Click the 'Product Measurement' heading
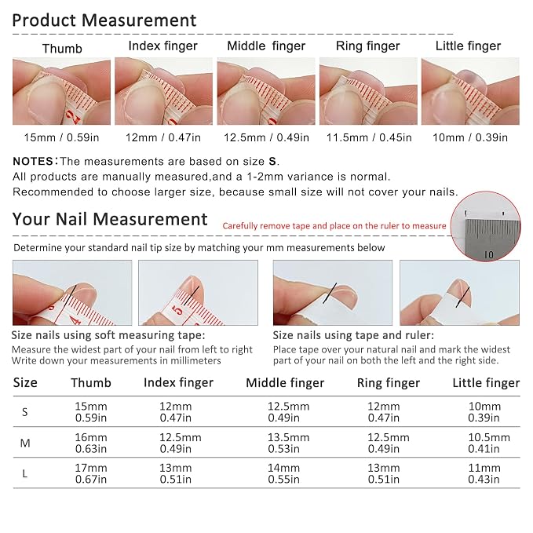(104, 20)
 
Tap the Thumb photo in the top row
(61, 91)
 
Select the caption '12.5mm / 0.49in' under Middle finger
(266, 137)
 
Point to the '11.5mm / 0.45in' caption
(369, 137)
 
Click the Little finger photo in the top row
(470, 91)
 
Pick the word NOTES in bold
(33, 161)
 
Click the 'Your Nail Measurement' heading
(110, 219)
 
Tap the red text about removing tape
(334, 226)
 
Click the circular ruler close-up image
(485, 226)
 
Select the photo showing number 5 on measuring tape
(198, 293)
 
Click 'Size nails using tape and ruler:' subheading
(353, 335)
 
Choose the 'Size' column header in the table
(25, 383)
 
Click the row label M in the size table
(25, 443)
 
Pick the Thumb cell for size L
(91, 473)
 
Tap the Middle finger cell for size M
(288, 443)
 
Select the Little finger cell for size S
(484, 412)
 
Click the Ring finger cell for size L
(383, 473)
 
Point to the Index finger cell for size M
(181, 443)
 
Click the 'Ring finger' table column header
(389, 383)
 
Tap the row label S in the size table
(25, 412)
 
